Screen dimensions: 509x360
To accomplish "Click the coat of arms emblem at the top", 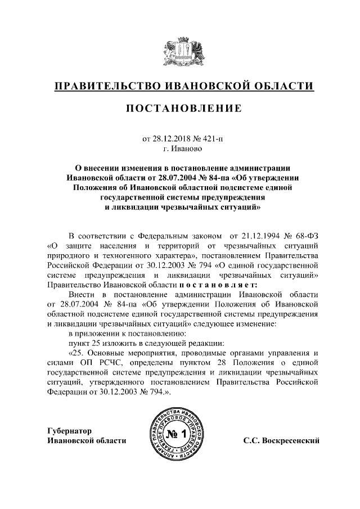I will click(179, 49).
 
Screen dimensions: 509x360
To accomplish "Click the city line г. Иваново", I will click(179, 150).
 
